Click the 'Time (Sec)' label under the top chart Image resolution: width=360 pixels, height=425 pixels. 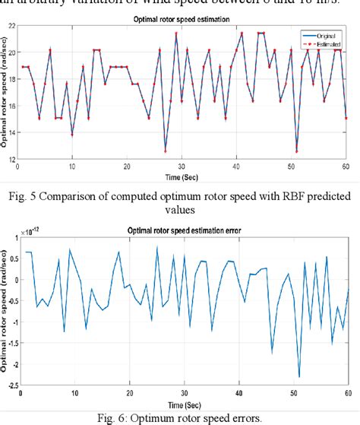[185, 174]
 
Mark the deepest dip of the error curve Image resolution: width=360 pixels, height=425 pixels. [298, 376]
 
